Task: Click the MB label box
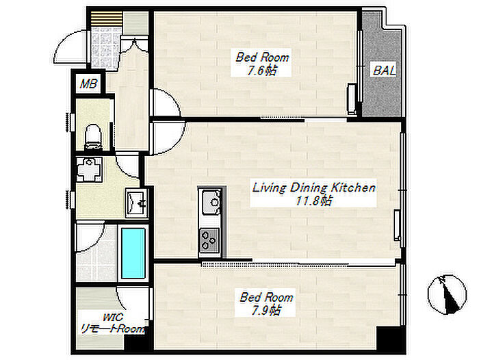(88, 83)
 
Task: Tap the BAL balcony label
(385, 70)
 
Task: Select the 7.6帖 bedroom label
(262, 64)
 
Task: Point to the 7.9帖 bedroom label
(266, 304)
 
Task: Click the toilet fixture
(93, 137)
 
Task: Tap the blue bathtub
(133, 253)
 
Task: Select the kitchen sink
(211, 202)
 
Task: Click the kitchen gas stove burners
(209, 240)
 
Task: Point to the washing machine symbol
(89, 169)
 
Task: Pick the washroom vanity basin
(137, 202)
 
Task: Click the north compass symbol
(447, 294)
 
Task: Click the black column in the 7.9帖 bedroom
(391, 339)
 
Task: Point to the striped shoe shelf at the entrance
(106, 18)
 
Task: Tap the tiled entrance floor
(105, 47)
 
